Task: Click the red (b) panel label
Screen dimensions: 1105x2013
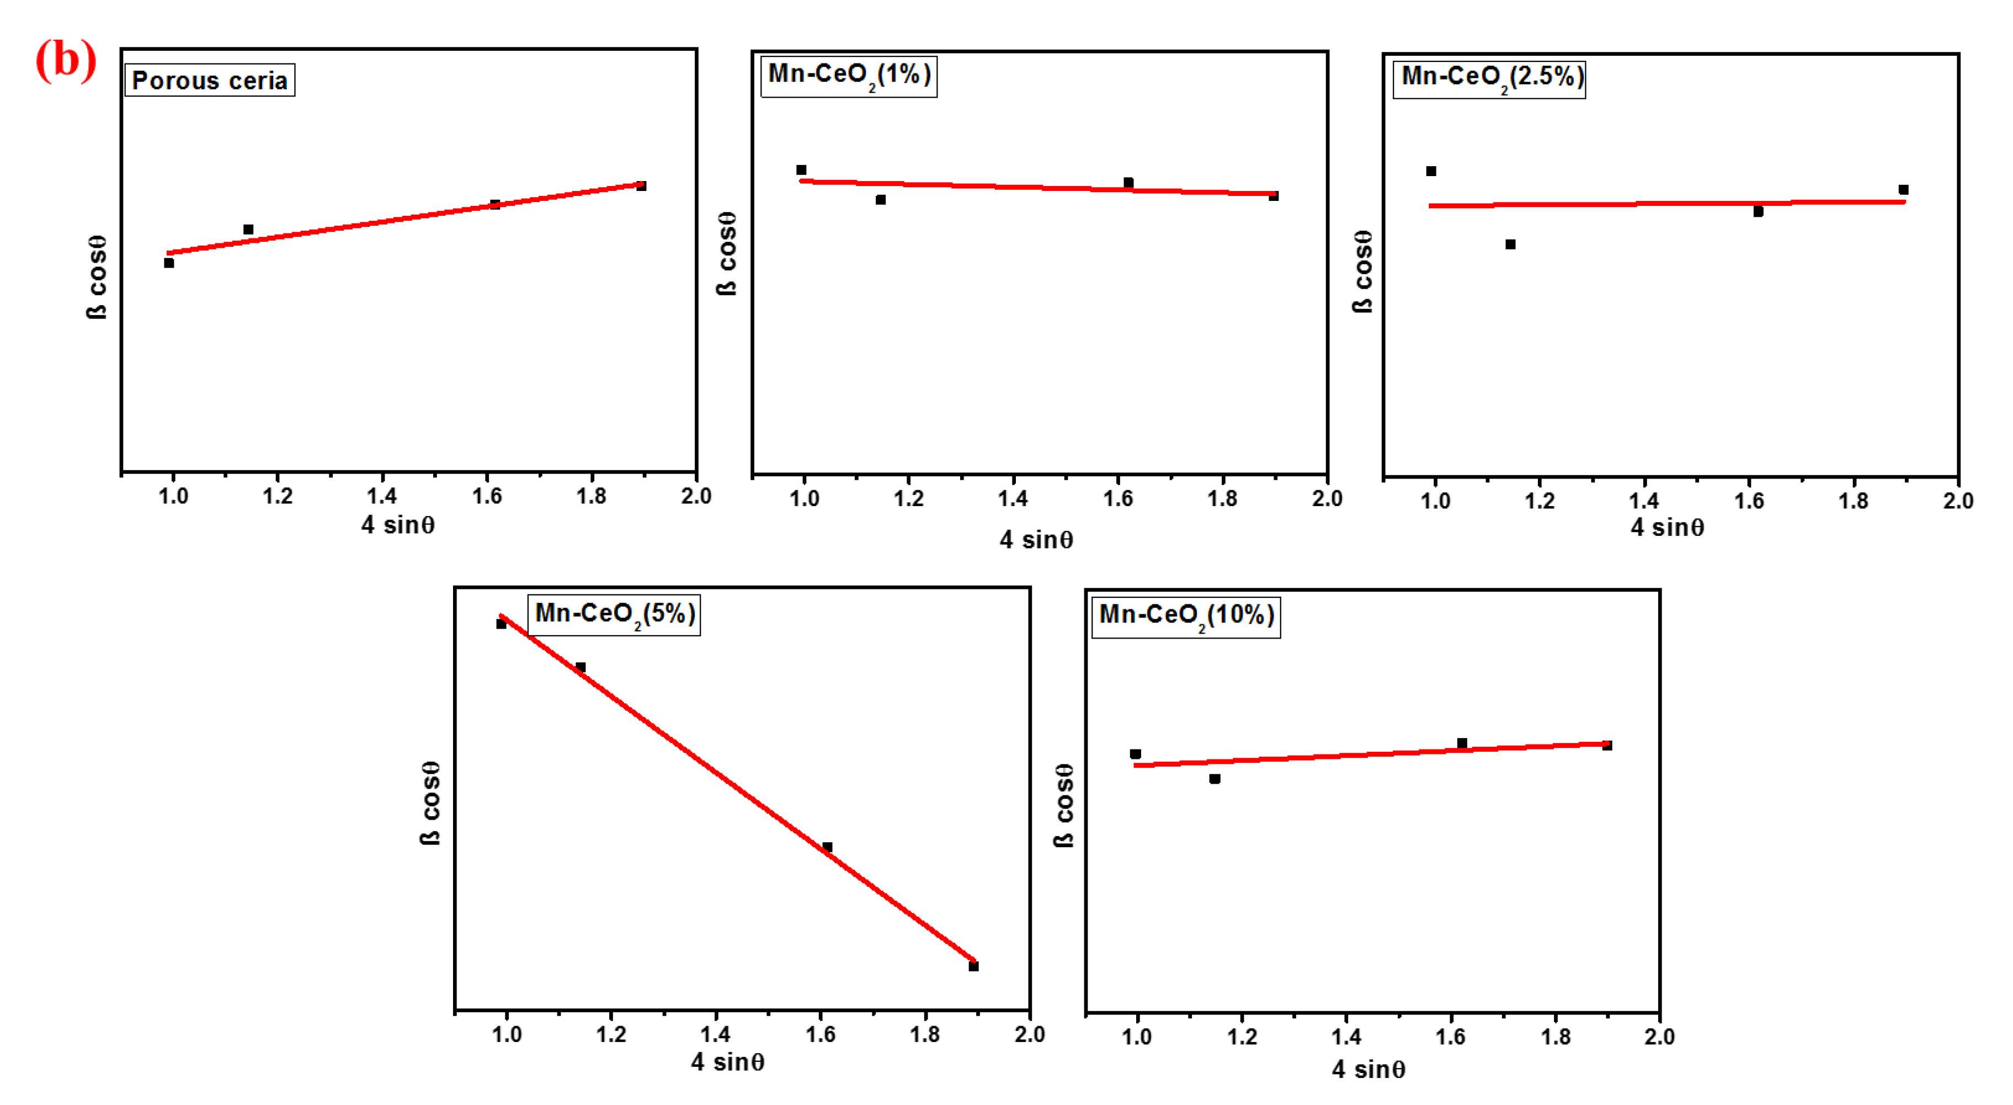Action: (x=66, y=60)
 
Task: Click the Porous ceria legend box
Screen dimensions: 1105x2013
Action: (x=210, y=81)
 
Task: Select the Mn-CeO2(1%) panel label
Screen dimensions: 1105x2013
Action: (x=849, y=76)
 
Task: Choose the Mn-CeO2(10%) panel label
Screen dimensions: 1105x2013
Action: (x=1185, y=617)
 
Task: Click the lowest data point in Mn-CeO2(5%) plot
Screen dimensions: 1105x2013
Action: (x=974, y=966)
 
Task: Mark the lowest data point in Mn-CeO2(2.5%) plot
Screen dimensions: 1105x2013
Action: (x=1510, y=245)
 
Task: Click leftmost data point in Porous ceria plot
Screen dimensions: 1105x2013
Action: (x=169, y=263)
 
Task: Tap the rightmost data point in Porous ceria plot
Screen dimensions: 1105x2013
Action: (x=642, y=186)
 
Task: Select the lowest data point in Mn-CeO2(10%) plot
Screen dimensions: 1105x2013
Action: (x=1215, y=779)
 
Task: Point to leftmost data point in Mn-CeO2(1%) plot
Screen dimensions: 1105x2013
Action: (x=801, y=171)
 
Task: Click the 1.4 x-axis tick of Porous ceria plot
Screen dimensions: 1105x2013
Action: (x=381, y=496)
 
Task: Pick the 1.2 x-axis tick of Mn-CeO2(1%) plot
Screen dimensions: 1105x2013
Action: (x=908, y=498)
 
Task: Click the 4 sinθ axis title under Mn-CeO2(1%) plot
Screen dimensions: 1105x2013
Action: (x=1036, y=540)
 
